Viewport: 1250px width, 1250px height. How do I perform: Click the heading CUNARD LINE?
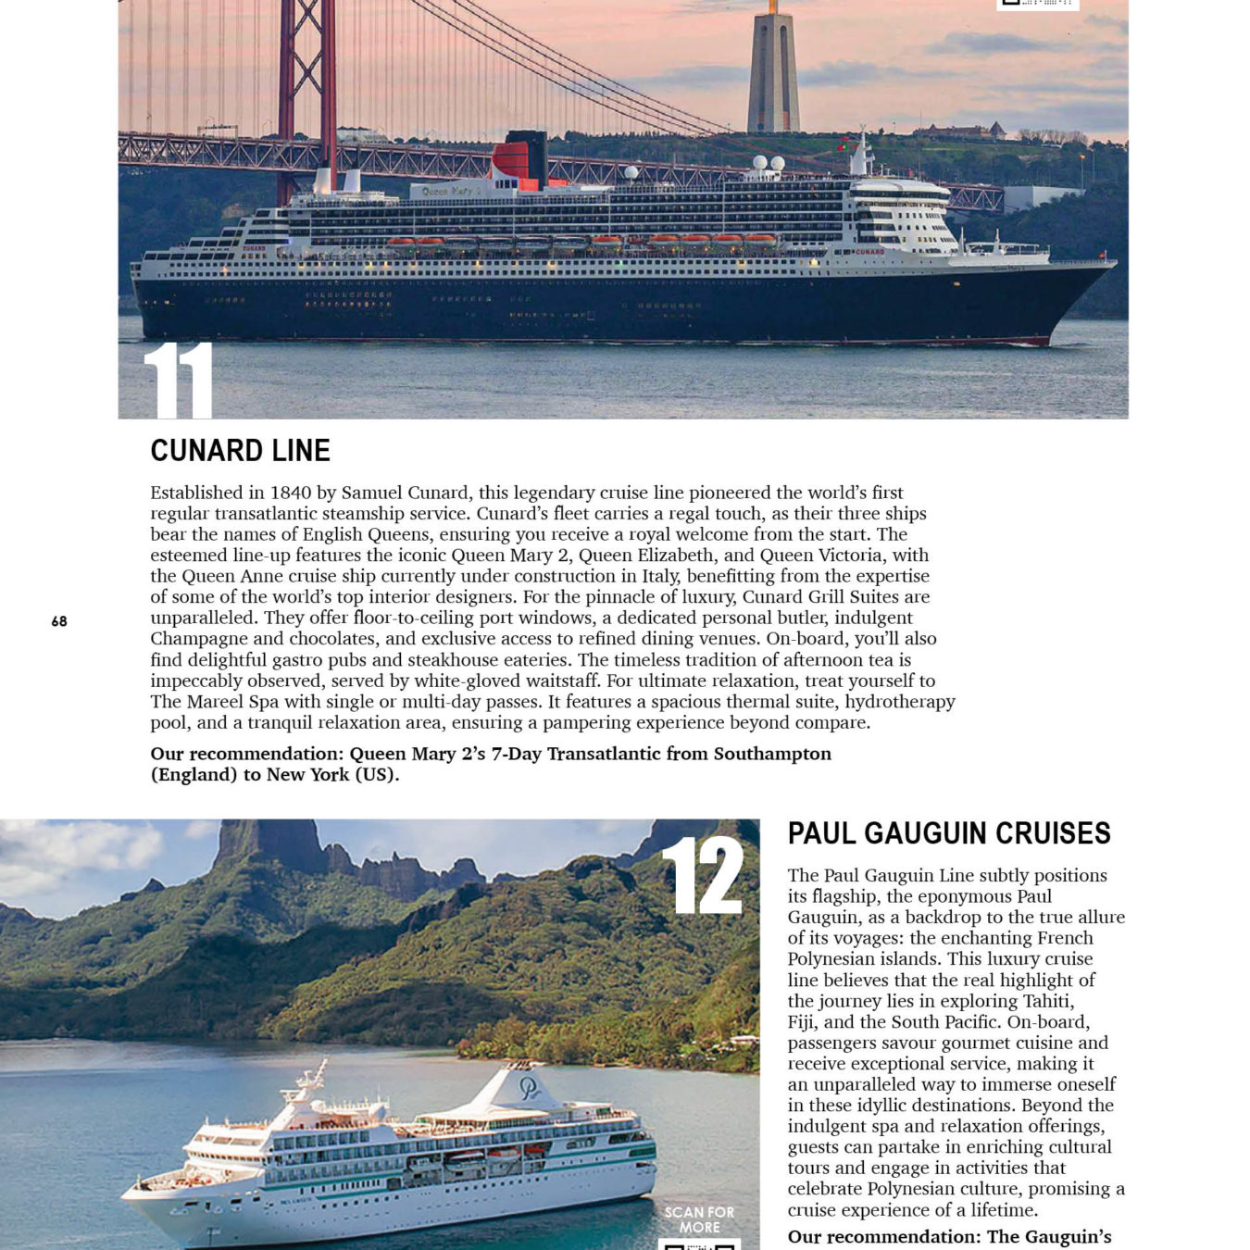[240, 451]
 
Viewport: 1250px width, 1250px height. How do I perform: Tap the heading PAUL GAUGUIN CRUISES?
[948, 833]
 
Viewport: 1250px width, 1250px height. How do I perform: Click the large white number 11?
[179, 380]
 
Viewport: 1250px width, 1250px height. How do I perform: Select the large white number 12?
[703, 876]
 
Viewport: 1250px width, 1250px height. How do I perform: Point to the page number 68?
[59, 621]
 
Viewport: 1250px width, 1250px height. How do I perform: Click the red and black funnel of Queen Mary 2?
[519, 159]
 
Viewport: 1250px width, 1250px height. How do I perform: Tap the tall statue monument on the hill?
[773, 69]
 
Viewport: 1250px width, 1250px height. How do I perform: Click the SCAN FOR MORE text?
[699, 1219]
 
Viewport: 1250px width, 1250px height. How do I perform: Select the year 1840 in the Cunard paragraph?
[292, 493]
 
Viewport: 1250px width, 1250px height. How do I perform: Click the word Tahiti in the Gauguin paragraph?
[1047, 1001]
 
